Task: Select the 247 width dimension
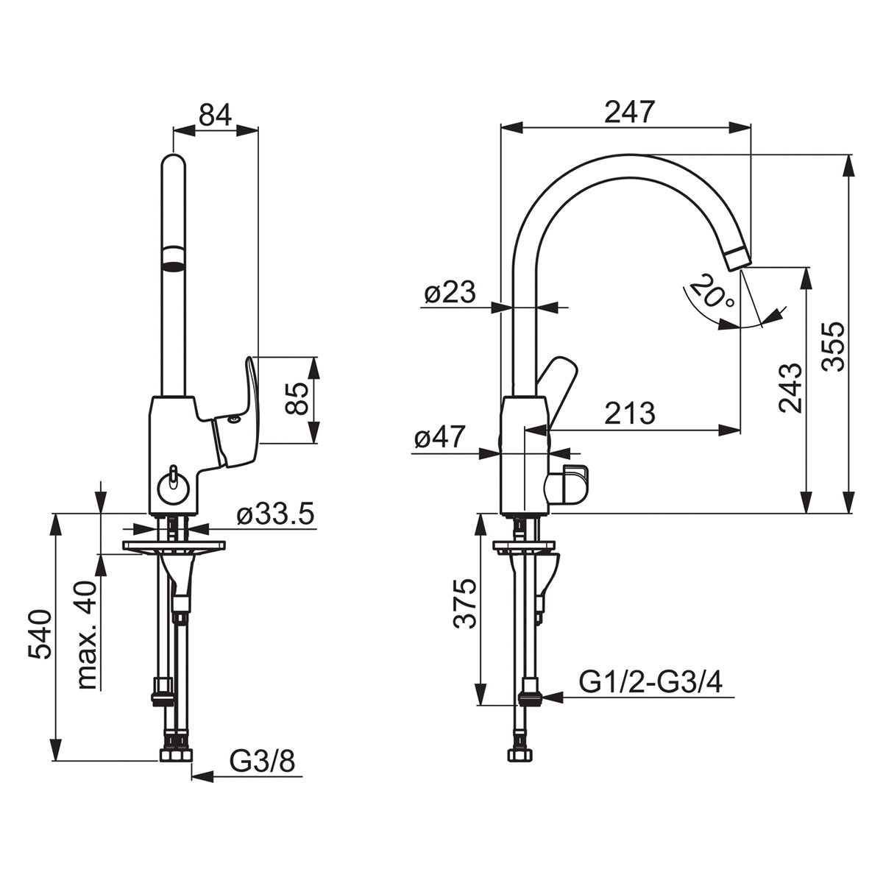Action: pos(628,113)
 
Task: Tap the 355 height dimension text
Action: pos(832,347)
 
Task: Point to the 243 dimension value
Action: pos(791,389)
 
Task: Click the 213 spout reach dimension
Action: pos(630,414)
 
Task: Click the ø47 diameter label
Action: pos(440,436)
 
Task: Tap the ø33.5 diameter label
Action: pos(275,514)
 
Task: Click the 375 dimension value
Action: pos(464,603)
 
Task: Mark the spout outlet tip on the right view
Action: pos(739,258)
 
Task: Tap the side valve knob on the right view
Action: pos(567,485)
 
